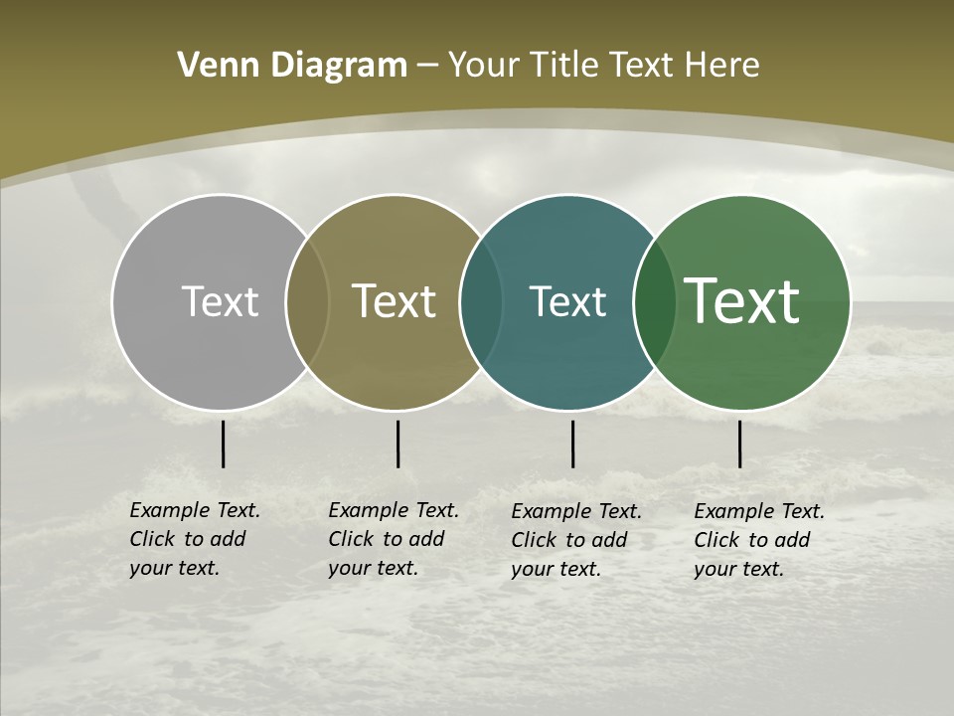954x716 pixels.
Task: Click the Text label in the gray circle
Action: [220, 301]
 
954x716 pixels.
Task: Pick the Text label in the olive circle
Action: [395, 301]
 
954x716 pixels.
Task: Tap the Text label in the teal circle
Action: [567, 301]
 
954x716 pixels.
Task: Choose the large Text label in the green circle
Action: [742, 301]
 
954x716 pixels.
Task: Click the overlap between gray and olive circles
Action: [307, 302]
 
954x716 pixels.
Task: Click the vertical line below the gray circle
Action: [223, 444]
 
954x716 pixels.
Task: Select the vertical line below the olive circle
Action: [397, 444]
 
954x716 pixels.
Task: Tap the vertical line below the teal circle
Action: [572, 444]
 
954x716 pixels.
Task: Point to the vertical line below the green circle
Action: [739, 444]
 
